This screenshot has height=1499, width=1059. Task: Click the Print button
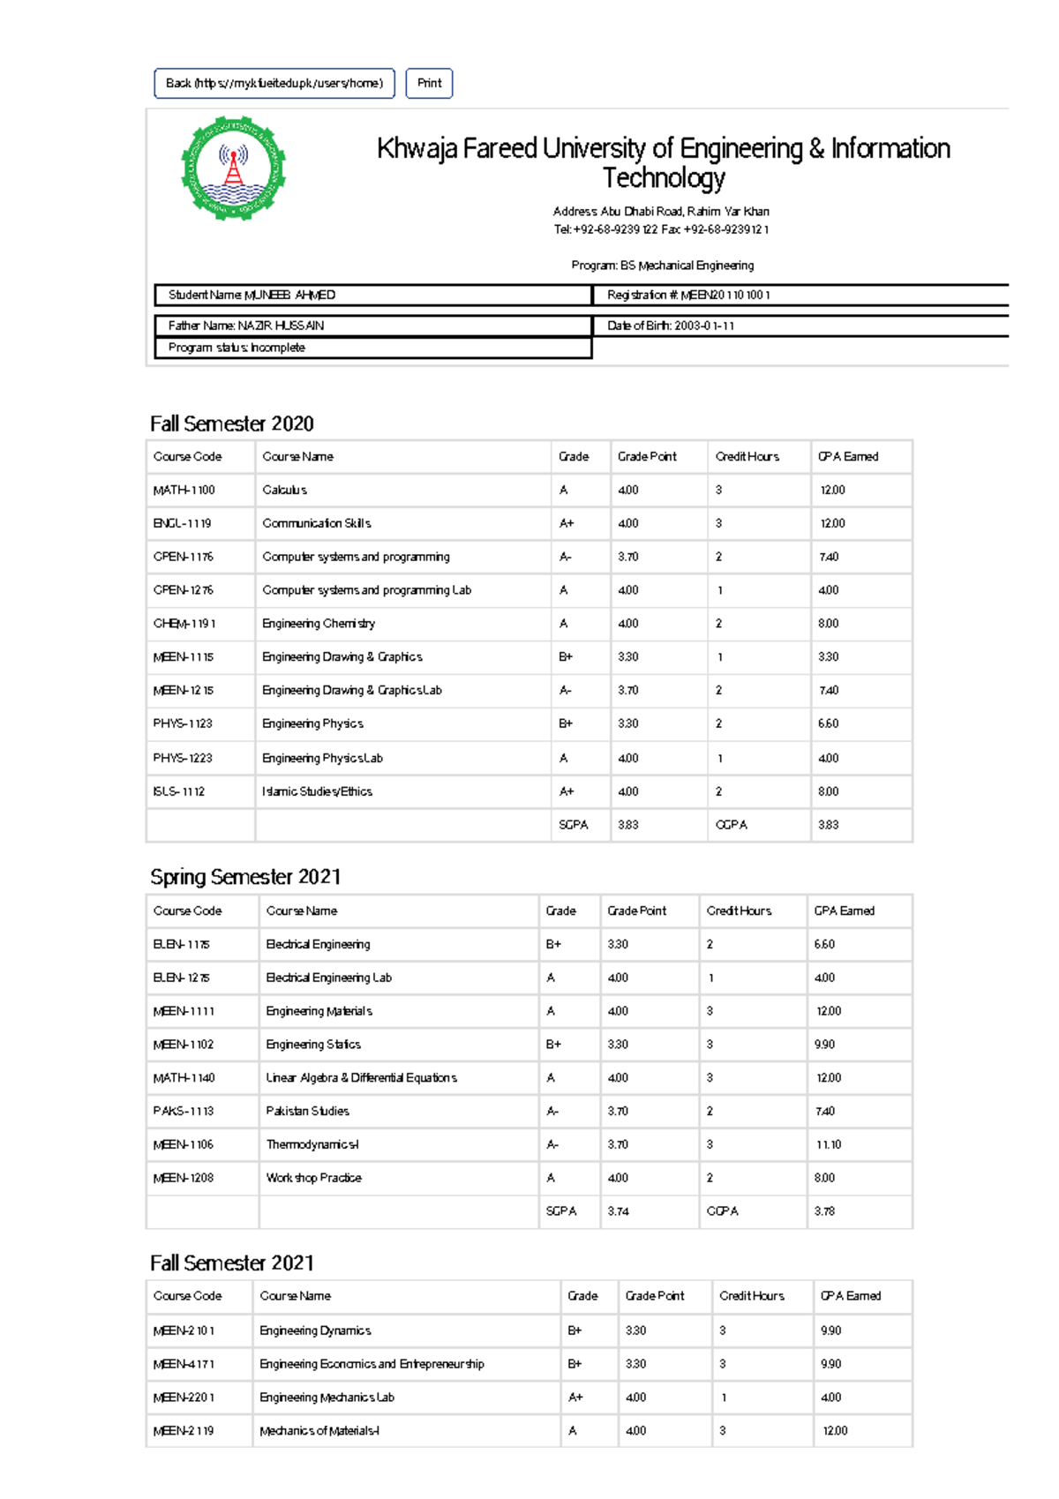[429, 84]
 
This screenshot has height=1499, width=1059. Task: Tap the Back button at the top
[274, 84]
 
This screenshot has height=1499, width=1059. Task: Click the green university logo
[234, 168]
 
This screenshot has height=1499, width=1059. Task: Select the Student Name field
[372, 296]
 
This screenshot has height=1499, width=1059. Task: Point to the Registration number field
[799, 296]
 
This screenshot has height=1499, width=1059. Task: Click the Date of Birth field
[799, 326]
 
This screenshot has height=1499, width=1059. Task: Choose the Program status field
[372, 349]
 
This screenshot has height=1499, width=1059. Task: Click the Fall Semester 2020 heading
[232, 424]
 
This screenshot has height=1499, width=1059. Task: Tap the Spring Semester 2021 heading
[245, 877]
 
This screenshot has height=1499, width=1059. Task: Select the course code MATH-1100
[184, 491]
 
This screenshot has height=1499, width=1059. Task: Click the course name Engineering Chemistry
[319, 624]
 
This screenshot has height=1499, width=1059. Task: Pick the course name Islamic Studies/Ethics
[317, 792]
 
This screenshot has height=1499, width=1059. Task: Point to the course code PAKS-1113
[184, 1112]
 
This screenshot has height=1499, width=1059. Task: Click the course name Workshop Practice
[313, 1179]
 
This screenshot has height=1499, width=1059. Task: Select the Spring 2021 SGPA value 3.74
[618, 1212]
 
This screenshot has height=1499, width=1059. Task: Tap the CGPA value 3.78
[824, 1212]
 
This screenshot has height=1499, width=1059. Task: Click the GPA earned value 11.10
[829, 1145]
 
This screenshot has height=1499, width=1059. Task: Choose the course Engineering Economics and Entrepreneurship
[372, 1365]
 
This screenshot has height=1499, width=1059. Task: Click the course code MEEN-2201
[184, 1398]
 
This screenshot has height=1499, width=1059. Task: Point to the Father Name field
[372, 326]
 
